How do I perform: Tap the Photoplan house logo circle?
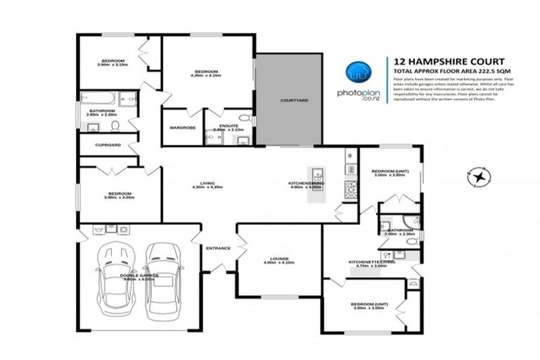[356, 72]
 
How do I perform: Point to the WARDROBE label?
[182, 127]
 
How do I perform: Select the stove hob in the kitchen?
[349, 188]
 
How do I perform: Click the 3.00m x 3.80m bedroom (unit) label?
[389, 172]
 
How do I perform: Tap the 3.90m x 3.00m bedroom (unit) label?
[369, 306]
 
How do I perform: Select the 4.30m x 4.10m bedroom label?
[207, 72]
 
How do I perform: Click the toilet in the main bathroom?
[115, 127]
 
